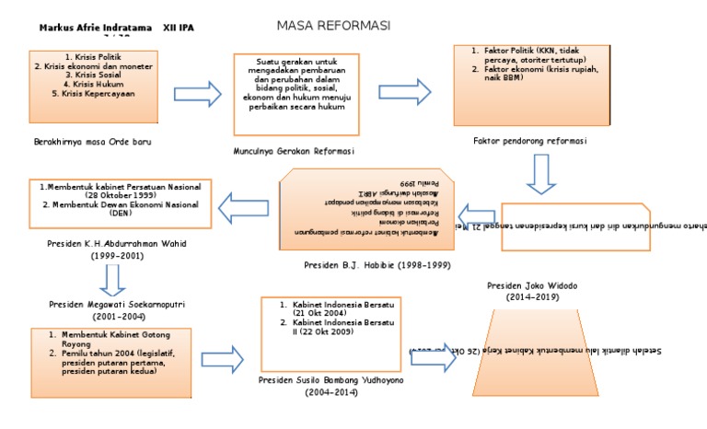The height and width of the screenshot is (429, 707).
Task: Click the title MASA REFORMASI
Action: [x=321, y=25]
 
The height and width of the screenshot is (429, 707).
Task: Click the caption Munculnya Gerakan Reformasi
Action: [x=295, y=150]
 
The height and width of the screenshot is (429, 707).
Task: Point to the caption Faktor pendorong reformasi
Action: [x=530, y=141]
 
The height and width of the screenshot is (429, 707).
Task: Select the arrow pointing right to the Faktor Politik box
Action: [x=405, y=89]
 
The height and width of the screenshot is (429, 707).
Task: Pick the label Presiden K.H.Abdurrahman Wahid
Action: [x=111, y=246]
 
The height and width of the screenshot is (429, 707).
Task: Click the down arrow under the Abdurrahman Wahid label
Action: [x=111, y=277]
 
